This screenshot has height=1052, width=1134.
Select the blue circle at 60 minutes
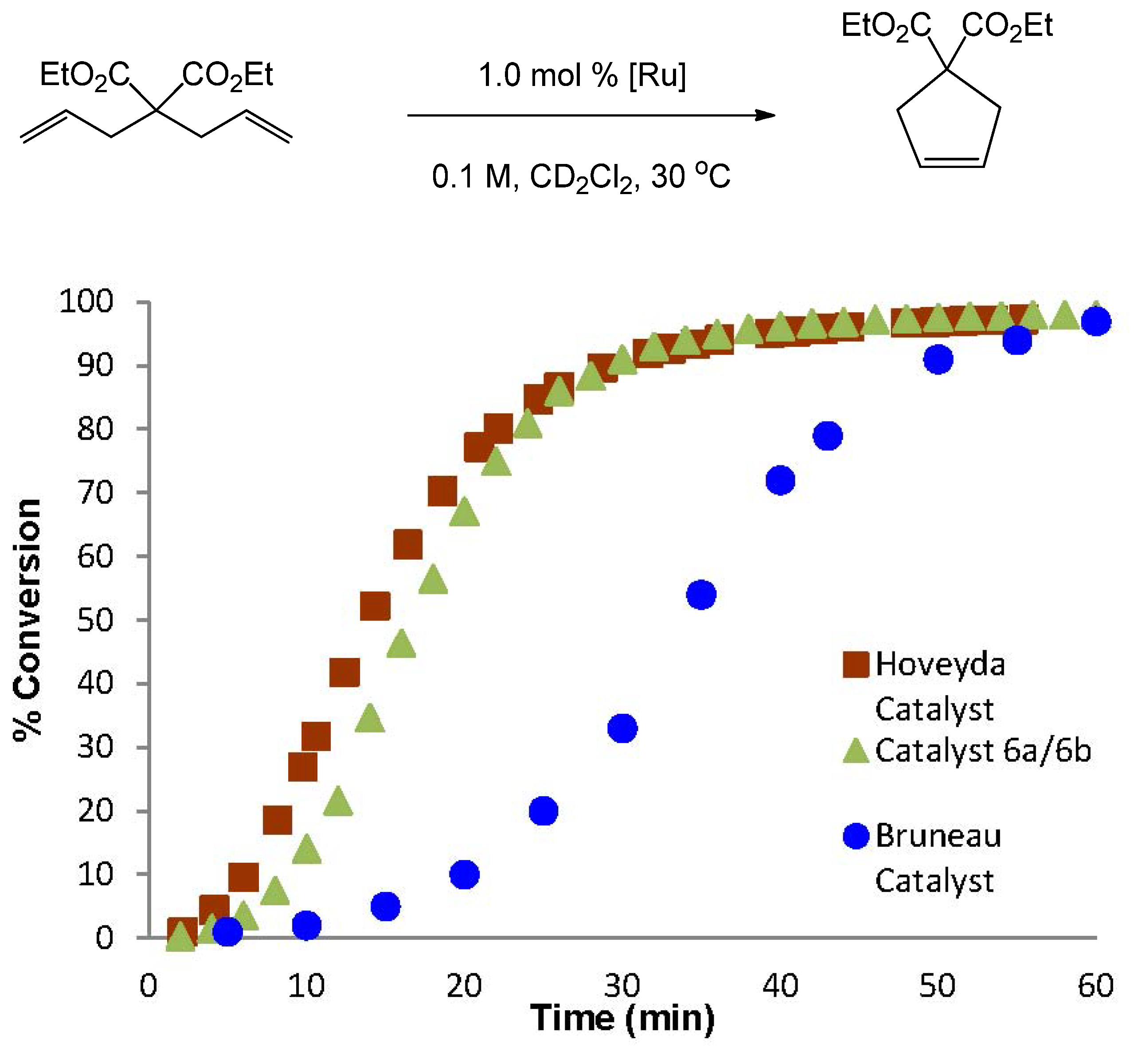(1096, 322)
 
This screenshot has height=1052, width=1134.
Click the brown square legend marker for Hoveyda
(856, 664)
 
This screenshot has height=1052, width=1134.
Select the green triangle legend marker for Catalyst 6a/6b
(856, 751)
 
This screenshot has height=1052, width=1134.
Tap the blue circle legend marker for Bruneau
(856, 836)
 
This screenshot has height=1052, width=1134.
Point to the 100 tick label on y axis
(86, 301)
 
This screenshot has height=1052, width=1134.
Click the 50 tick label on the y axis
(96, 620)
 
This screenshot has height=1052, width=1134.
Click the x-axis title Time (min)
(622, 1018)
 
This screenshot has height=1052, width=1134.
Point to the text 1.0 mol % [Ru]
(582, 75)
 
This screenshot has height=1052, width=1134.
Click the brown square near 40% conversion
(344, 673)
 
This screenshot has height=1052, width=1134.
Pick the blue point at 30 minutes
(622, 728)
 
